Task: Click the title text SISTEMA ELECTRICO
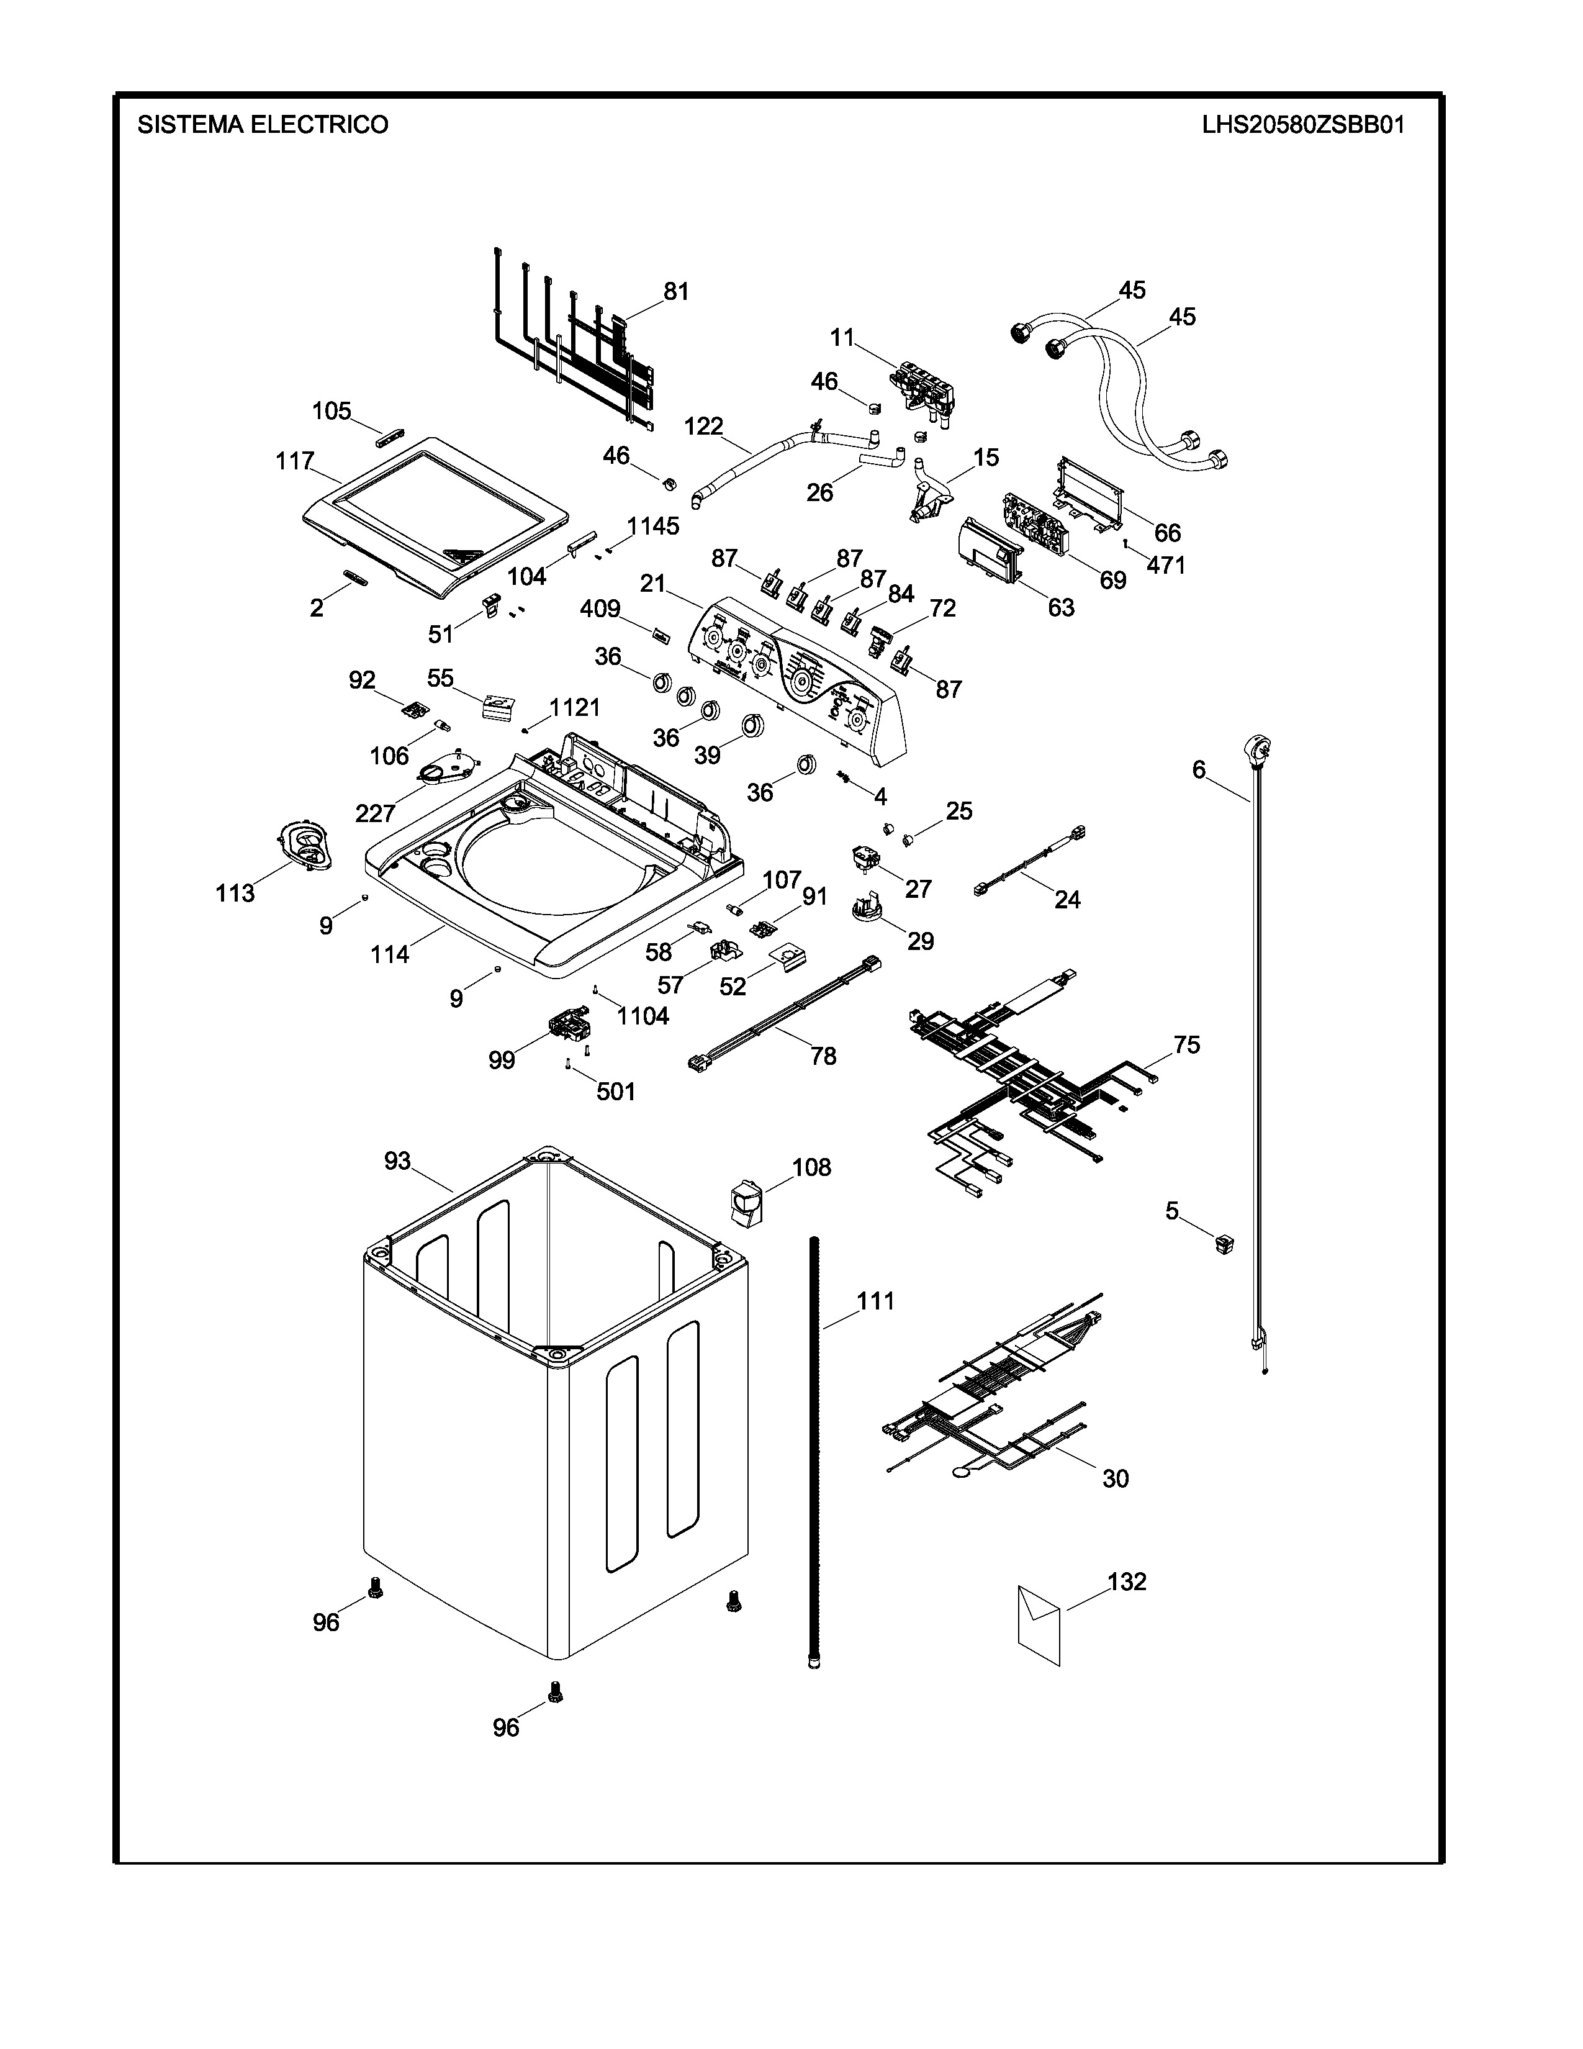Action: [x=263, y=125]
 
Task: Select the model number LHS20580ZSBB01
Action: [x=1304, y=125]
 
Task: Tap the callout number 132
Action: [x=1126, y=1582]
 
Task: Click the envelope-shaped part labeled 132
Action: [x=1039, y=1624]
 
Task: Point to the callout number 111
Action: [x=875, y=1301]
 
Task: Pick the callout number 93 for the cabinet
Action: [x=398, y=1162]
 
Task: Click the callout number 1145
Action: [x=652, y=527]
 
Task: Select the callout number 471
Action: [x=1166, y=565]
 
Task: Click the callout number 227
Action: [x=375, y=813]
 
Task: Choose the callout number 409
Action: [x=600, y=609]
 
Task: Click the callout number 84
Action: [x=900, y=594]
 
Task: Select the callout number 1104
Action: [x=643, y=1016]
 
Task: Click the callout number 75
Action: [x=1186, y=1045]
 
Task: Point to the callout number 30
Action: [x=1115, y=1478]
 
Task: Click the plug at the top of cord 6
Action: [x=1256, y=749]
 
